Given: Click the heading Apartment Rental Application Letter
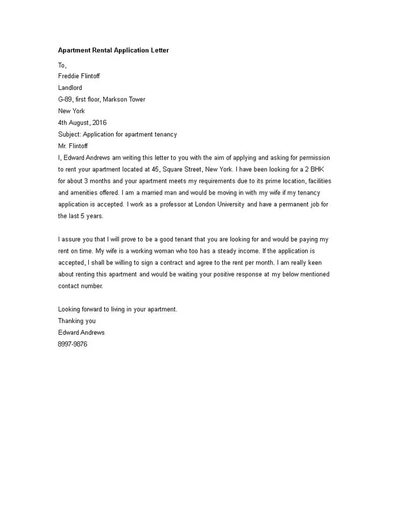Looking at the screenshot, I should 114,51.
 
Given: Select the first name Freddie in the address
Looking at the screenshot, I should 68,76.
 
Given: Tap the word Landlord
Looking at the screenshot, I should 70,87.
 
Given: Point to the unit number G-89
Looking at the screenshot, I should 67,99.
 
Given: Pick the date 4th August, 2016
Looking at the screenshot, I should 82,123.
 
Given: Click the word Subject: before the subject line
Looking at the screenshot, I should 69,134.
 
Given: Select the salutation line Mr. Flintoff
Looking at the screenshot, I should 73,146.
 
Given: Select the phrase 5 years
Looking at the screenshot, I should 88,216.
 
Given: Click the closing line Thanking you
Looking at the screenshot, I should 77,321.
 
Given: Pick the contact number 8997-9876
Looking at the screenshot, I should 73,344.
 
